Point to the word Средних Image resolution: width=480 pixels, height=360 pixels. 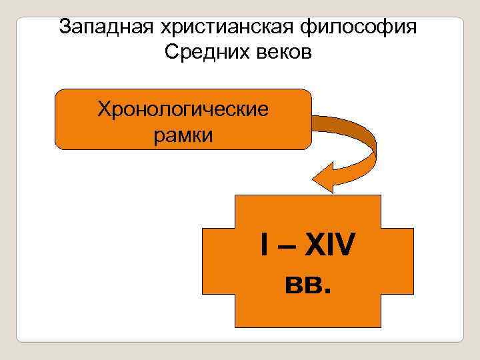(205, 52)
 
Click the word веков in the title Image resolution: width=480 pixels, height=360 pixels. (283, 52)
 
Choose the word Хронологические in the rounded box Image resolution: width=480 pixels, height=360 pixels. (183, 109)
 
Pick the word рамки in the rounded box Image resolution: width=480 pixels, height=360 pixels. (183, 135)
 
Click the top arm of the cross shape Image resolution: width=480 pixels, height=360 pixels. (307, 210)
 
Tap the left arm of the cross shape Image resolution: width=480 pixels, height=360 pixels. (217, 260)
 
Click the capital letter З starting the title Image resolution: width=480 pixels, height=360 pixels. (64, 27)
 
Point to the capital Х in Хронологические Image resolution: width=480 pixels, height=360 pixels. (103, 109)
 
